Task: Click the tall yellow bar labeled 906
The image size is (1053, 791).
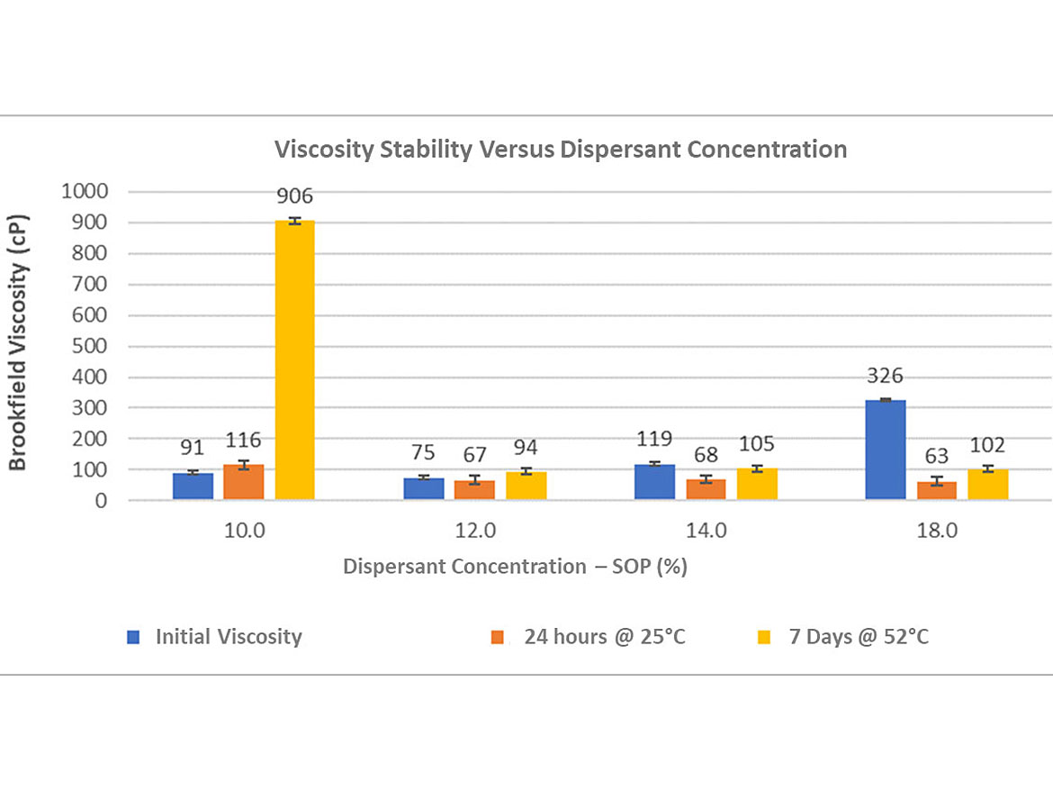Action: coord(294,360)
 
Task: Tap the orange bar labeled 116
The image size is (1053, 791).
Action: coord(244,482)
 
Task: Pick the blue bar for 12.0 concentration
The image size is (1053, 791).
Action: coord(424,488)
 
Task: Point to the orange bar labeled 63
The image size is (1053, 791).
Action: coord(937,490)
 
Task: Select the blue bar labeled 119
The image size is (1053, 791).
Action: coord(654,482)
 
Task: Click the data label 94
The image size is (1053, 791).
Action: coord(526,448)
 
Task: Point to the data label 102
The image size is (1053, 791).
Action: coord(988,445)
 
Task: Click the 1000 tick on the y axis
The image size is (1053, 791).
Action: coord(85,191)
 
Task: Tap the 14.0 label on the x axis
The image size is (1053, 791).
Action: coord(706,531)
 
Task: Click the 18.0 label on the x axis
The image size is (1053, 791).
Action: coord(937,531)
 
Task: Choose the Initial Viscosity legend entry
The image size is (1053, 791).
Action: coord(228,637)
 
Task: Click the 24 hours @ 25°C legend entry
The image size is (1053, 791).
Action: coord(604,637)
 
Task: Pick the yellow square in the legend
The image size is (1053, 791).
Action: coord(764,638)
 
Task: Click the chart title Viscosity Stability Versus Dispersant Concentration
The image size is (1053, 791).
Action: coord(561,149)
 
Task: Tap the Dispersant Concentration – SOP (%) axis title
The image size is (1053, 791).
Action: coord(515,567)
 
